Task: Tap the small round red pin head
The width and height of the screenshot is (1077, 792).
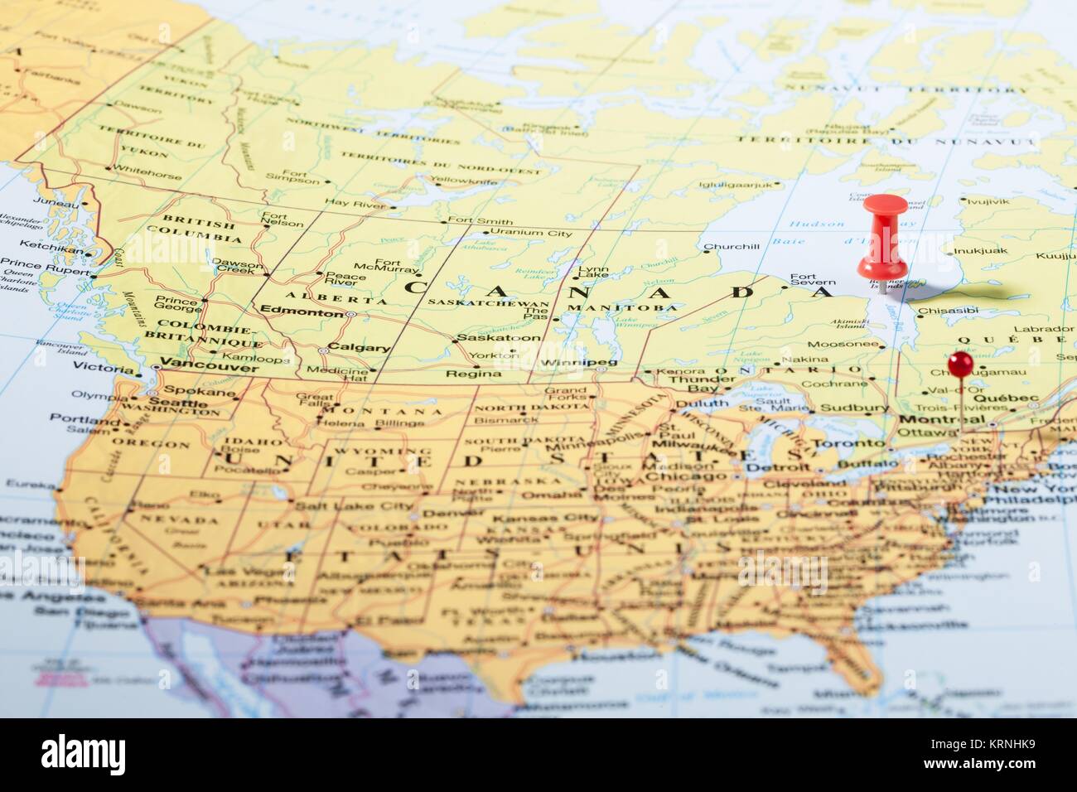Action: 961,363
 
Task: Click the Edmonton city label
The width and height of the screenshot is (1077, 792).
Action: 290,313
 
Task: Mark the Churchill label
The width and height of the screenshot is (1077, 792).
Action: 731,246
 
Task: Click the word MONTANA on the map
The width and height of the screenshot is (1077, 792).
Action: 382,411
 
